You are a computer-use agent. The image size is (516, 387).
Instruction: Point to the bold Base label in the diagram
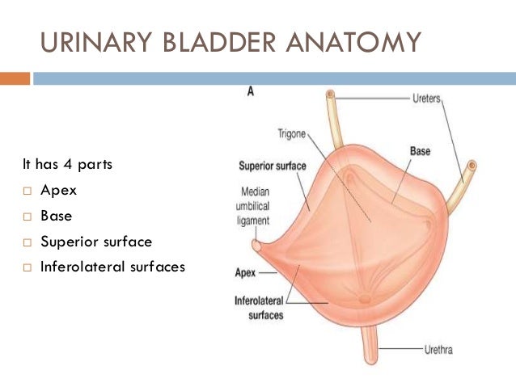tap(420, 151)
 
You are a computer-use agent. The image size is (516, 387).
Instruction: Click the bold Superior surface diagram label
tap(273, 166)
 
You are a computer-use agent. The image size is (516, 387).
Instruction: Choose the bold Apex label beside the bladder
tap(245, 273)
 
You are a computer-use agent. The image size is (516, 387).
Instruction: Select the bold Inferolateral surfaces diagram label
tap(260, 307)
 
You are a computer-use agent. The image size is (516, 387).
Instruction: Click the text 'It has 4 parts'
tap(67, 165)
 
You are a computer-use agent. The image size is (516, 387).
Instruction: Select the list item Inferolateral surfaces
tap(112, 266)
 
